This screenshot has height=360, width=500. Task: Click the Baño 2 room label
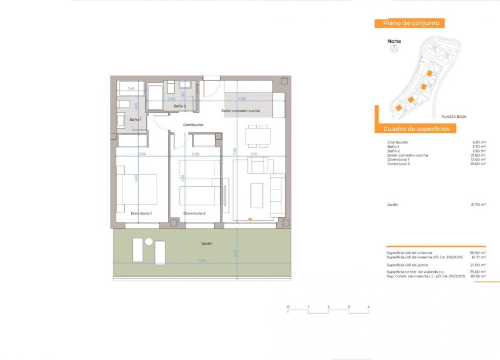coord(180,106)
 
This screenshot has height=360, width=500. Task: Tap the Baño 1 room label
coord(135,120)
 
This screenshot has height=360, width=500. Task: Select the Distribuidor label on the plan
coord(193,124)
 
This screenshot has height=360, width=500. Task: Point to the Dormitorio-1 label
coord(141,213)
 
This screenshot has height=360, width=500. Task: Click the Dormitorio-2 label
coord(194,213)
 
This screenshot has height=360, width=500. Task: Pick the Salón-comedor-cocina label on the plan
coord(240,110)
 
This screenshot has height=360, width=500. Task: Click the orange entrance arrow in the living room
coord(250,219)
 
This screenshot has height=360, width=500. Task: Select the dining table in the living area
coord(258,136)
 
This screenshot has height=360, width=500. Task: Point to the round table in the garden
coord(149,242)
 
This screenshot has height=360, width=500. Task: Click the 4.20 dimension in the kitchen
coord(242,99)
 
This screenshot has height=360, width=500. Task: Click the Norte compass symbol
coord(394,49)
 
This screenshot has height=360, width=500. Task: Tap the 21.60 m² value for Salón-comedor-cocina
coord(477,155)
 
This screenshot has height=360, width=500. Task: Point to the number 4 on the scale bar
coord(368,306)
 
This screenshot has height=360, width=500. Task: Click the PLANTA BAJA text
coord(453,116)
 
